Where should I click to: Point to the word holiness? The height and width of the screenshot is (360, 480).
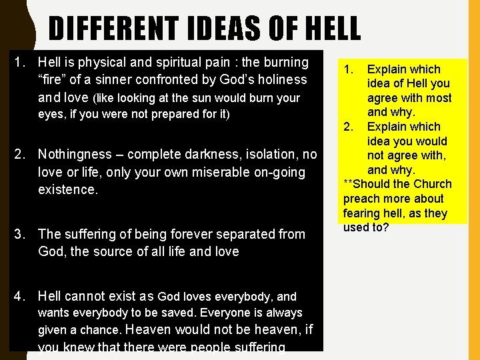pos(284,79)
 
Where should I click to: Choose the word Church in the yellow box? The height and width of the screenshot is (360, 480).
pos(429,184)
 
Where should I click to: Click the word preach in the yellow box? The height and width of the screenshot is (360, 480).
pos(362,199)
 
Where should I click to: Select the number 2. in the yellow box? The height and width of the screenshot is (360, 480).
pos(349,127)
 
